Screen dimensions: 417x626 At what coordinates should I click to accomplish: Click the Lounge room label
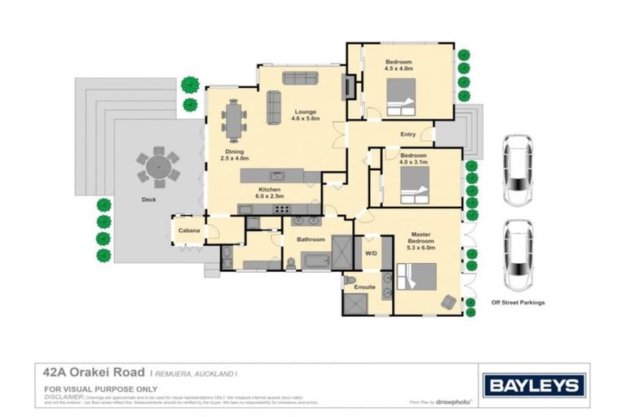[306, 111]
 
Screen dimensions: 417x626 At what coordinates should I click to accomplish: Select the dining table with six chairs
[235, 121]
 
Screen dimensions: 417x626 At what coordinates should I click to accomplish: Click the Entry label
[408, 134]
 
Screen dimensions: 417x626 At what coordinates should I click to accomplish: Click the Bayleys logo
[534, 385]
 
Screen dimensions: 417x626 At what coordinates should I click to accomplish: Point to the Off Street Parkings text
[517, 302]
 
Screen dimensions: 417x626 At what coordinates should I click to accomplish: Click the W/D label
[371, 252]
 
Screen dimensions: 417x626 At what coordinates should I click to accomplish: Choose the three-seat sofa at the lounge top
[300, 78]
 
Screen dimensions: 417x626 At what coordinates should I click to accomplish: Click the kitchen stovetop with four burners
[282, 208]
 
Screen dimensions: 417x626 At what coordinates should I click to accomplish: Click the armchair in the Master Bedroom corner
[447, 301]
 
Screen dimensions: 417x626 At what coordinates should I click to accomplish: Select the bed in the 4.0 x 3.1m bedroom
[414, 194]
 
